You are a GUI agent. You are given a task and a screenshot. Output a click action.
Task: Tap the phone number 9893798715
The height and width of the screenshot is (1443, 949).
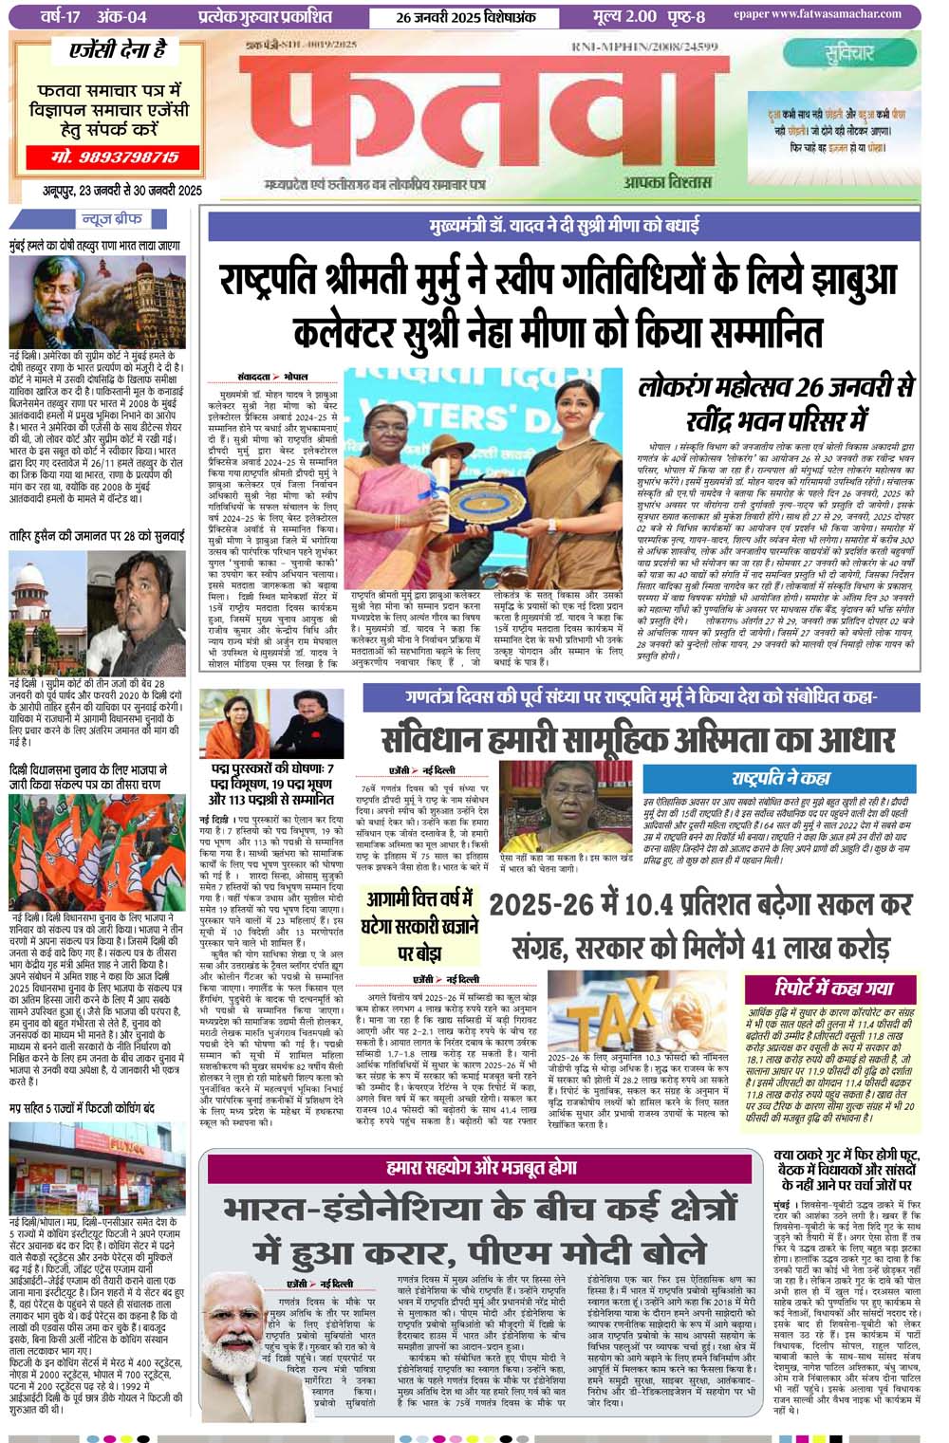pos(116,157)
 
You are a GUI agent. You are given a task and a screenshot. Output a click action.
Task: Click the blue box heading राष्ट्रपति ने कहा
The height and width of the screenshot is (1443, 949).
pos(780,778)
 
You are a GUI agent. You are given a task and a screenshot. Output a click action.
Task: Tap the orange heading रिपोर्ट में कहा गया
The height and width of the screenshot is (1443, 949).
pos(833,988)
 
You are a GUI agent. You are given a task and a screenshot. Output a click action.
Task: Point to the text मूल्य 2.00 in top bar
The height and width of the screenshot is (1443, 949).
pos(624,16)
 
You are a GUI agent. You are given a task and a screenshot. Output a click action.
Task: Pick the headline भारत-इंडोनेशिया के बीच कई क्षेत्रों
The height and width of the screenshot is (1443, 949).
pos(479,1210)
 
